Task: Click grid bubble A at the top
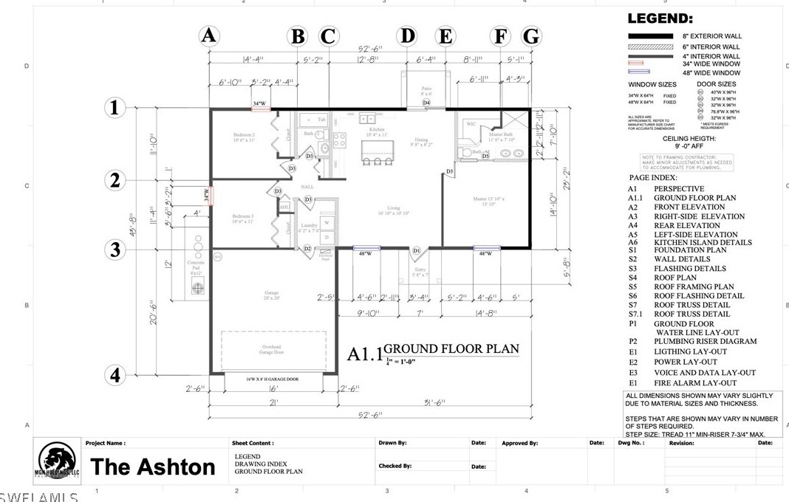pyautogui.click(x=209, y=35)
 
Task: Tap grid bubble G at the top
pyautogui.click(x=530, y=35)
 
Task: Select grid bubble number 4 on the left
pyautogui.click(x=115, y=375)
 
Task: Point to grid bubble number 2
pyautogui.click(x=115, y=180)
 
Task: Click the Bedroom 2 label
pyautogui.click(x=243, y=137)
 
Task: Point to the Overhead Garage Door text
pyautogui.click(x=270, y=350)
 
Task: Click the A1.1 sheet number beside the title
pyautogui.click(x=364, y=354)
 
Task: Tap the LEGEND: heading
pyautogui.click(x=660, y=18)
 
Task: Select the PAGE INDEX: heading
pyautogui.click(x=653, y=178)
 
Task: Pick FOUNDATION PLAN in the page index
pyautogui.click(x=690, y=250)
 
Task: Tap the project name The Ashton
pyautogui.click(x=153, y=467)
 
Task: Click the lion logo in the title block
pyautogui.click(x=57, y=462)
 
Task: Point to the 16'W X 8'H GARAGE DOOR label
pyautogui.click(x=271, y=379)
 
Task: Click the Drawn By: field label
pyautogui.click(x=393, y=444)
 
